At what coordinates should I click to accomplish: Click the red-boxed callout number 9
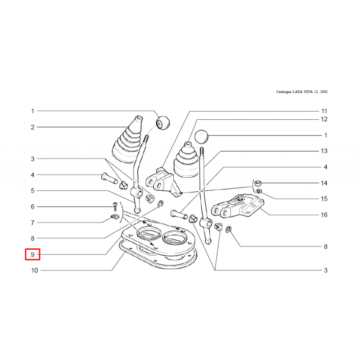coord(32,254)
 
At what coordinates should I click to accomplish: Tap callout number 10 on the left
coord(35,270)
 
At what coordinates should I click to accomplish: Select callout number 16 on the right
coord(324,215)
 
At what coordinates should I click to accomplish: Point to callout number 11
coord(324,111)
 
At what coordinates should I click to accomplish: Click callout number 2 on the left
coord(32,127)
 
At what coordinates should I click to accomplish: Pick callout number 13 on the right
coord(324,151)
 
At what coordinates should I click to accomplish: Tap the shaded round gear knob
coord(163,123)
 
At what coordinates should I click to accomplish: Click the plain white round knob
coord(201,136)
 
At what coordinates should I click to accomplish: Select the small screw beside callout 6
coord(115,207)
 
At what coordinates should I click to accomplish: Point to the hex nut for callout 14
coord(258,183)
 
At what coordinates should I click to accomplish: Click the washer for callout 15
coord(259,191)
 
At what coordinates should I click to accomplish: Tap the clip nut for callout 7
coord(115,216)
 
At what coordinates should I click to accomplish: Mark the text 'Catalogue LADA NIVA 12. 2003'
coord(301,92)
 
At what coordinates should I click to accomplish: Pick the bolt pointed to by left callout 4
coord(109,178)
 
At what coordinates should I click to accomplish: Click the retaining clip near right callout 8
coord(229,229)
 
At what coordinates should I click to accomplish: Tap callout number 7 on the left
coord(32,223)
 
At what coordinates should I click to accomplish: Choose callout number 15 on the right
coord(324,198)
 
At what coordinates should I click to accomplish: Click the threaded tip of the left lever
coord(146,139)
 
